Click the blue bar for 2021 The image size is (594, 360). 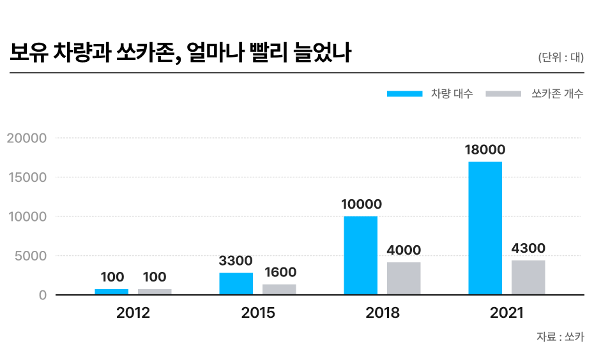coord(485,228)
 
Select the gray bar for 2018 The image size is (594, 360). coord(404,278)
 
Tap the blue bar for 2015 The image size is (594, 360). coord(236,283)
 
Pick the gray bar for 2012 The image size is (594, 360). coord(155,292)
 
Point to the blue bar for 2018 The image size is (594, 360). coord(360,255)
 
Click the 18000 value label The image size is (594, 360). coord(485,150)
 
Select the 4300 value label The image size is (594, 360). coord(528,248)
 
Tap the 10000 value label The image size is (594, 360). coord(361,204)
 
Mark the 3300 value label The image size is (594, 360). coord(236,260)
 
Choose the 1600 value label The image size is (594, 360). coord(279,273)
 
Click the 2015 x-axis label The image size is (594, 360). coord(258,313)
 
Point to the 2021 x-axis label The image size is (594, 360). coord(506,313)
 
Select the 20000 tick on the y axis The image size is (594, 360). coord(26,138)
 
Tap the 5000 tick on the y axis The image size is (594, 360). coord(30,256)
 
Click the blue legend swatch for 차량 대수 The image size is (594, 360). coord(404,94)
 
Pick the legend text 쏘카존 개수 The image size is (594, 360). coord(557,94)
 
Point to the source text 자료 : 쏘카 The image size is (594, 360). coord(560,337)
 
